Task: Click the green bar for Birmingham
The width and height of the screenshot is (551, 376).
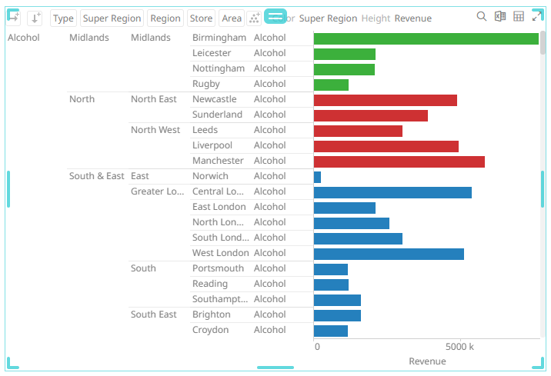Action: click(x=426, y=38)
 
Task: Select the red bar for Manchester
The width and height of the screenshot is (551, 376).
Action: click(x=399, y=161)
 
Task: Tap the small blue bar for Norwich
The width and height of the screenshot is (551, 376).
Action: click(x=317, y=177)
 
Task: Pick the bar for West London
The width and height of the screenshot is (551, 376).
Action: click(x=389, y=254)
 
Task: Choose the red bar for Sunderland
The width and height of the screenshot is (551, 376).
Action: click(x=370, y=115)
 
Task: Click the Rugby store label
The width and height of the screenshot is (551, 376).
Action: click(x=206, y=84)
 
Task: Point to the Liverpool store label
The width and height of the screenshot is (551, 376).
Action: click(x=212, y=145)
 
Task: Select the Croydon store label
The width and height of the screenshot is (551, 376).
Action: click(x=211, y=330)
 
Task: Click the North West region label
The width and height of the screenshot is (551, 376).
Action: click(x=155, y=130)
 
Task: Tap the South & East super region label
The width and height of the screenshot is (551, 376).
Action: click(x=96, y=176)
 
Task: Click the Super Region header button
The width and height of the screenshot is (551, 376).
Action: click(x=112, y=18)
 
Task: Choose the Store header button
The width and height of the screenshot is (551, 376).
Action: click(x=201, y=18)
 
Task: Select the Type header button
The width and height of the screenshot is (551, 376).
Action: click(x=63, y=18)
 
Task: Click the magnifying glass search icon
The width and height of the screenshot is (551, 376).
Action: click(x=482, y=17)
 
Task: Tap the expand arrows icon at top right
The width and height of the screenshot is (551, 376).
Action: click(x=537, y=17)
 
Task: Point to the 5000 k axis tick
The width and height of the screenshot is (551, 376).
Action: click(x=460, y=347)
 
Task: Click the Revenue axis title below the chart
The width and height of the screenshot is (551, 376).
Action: click(x=427, y=361)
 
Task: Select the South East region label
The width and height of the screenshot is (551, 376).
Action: click(x=154, y=314)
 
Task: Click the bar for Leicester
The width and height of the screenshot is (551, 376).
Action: click(x=344, y=54)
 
